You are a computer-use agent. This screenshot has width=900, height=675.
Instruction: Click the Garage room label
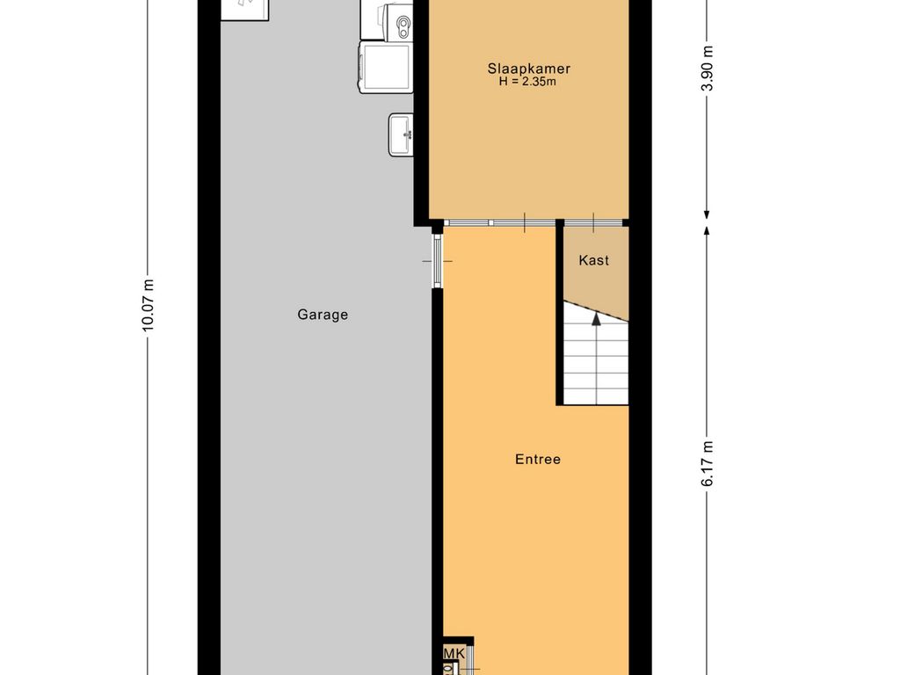[x=323, y=315]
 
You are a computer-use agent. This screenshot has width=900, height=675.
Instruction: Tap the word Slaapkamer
[x=528, y=69]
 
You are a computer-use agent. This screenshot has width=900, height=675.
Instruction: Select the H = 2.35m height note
[x=527, y=82]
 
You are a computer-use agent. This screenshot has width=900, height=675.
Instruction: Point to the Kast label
[x=593, y=260]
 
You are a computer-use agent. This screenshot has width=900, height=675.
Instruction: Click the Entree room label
[x=538, y=459]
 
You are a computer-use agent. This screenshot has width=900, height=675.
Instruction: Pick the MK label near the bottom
[x=454, y=653]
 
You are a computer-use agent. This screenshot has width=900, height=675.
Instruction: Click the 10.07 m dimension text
[x=148, y=305]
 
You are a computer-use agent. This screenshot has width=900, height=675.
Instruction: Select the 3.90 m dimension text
[x=708, y=69]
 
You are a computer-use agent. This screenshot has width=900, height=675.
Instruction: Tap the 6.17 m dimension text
[x=708, y=464]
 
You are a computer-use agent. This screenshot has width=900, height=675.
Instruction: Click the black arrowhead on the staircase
[x=597, y=318]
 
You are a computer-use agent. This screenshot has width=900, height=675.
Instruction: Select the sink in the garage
[x=401, y=134]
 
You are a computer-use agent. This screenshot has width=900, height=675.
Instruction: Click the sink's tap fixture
[x=408, y=134]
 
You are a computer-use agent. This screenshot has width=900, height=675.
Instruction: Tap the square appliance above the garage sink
[x=387, y=67]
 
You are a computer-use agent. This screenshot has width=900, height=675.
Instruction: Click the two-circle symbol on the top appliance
[x=404, y=23]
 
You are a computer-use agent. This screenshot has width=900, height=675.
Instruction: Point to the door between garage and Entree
[x=438, y=260]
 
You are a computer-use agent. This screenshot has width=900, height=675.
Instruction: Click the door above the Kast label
[x=593, y=222]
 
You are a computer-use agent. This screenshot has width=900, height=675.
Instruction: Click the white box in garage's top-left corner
[x=245, y=10]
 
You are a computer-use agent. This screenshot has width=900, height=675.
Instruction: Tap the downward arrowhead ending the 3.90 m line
[x=707, y=215]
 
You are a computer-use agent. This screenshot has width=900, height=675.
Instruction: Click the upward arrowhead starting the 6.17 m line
[x=707, y=231]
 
